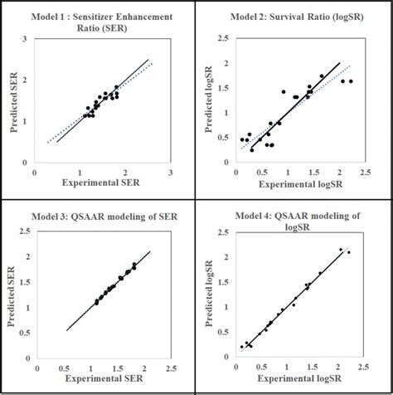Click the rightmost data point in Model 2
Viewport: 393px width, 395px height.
351,81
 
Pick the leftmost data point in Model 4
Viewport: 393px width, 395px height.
242,347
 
